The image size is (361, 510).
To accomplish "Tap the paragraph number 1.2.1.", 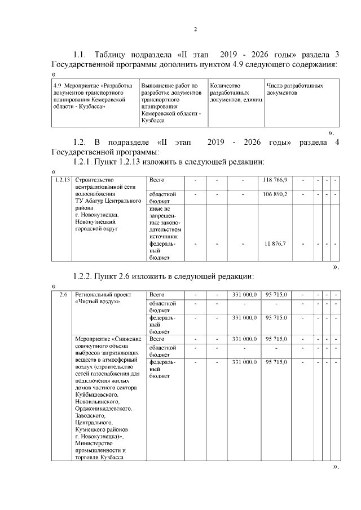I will (87, 162).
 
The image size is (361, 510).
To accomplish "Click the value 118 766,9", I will (275, 180).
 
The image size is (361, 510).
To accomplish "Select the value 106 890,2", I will (275, 194).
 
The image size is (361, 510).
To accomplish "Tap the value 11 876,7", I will (275, 243).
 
